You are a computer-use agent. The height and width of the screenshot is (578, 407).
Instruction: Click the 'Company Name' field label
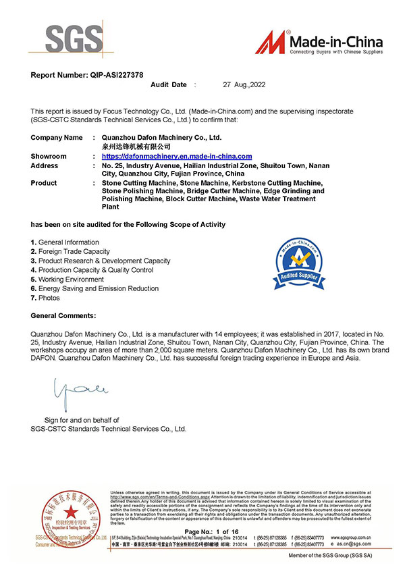click(x=57, y=137)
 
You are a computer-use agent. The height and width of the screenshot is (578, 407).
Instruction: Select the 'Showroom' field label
click(x=49, y=156)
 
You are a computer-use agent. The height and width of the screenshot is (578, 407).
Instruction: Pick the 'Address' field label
click(x=45, y=165)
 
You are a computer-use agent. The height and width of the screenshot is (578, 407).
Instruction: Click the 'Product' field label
click(x=44, y=183)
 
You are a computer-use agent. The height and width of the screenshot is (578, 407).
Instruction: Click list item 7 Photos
click(x=45, y=298)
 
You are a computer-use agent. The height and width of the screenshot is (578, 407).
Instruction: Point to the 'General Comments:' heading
click(x=63, y=315)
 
